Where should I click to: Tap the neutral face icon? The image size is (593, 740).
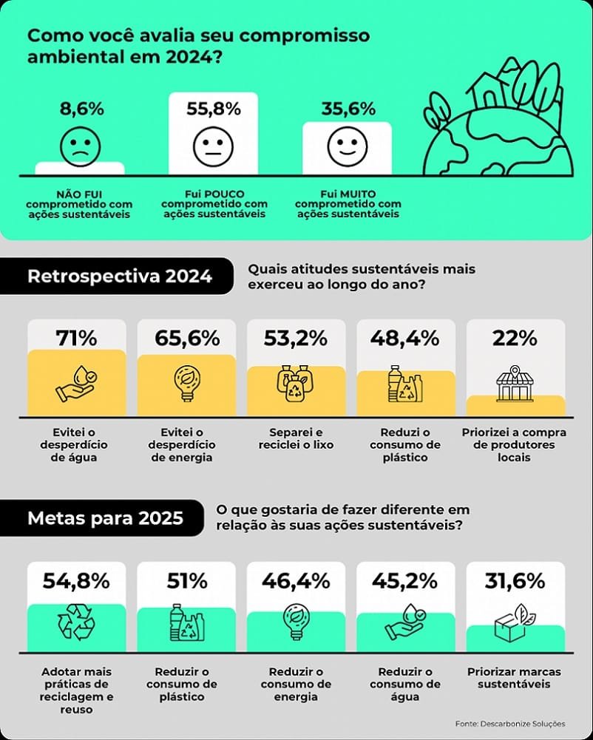point(213,146)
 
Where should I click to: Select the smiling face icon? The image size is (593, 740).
point(347,146)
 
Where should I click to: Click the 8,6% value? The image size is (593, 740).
point(79,109)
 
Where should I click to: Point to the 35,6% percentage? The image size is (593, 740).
point(348,109)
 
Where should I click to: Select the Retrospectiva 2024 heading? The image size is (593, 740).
point(120,276)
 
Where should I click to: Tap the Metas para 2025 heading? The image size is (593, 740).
point(105,517)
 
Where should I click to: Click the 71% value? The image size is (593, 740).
point(76,339)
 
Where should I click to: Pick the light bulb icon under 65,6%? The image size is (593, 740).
point(186,384)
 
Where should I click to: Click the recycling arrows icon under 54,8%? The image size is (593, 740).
point(76,623)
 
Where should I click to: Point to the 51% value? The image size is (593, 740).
point(186,581)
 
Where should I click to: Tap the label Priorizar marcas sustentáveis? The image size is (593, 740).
point(514,678)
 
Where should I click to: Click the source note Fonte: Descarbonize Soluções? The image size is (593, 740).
point(510,724)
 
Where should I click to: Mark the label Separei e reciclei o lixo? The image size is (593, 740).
point(296,438)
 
